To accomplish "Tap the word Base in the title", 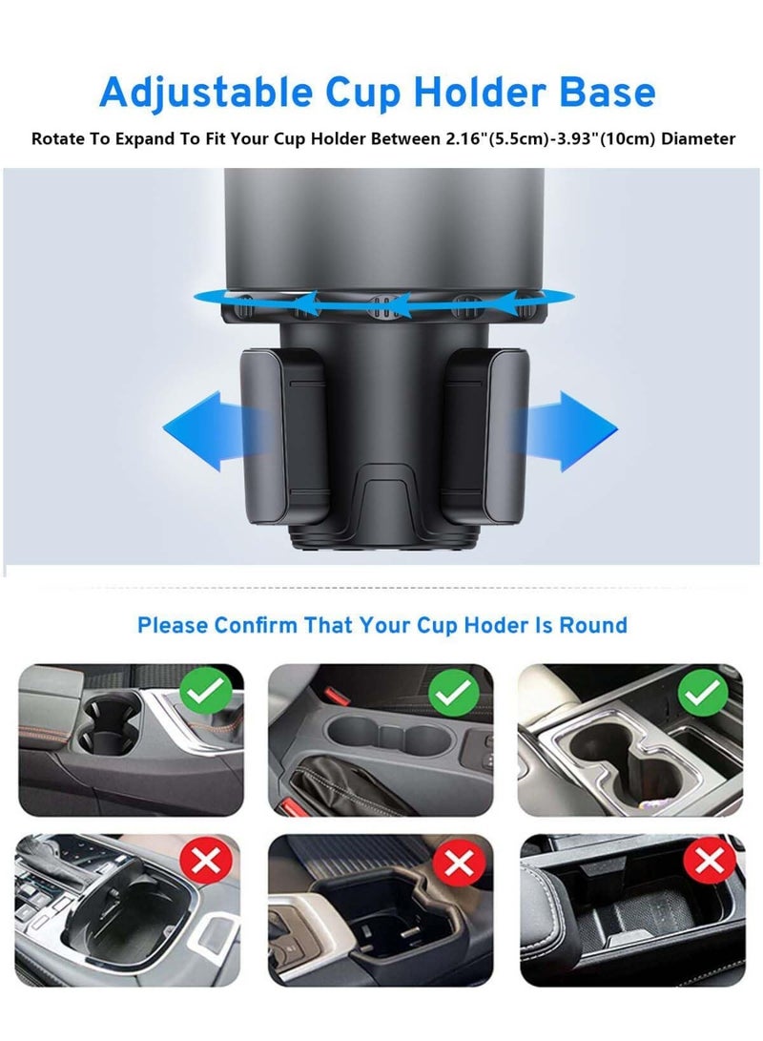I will [x=604, y=92].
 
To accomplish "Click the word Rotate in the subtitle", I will [x=60, y=139].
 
